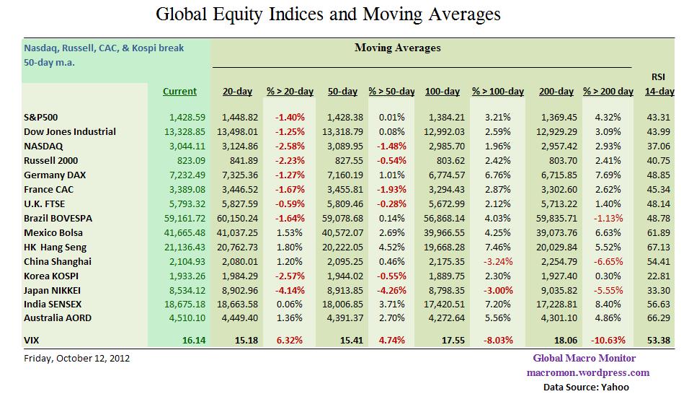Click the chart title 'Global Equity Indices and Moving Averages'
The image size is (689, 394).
(x=328, y=14)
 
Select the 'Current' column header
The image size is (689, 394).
(x=179, y=92)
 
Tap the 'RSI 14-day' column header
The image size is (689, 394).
(x=659, y=84)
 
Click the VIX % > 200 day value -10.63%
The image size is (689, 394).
(x=608, y=339)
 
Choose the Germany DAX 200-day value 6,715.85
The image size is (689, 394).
(x=556, y=175)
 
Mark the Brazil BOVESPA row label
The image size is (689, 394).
(x=58, y=218)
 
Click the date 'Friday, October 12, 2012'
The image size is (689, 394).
(x=77, y=358)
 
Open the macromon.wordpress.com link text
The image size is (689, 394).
(x=587, y=372)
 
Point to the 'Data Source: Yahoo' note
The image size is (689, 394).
(x=586, y=387)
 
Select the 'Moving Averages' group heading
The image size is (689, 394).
(x=397, y=48)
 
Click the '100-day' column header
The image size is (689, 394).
(x=443, y=92)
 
